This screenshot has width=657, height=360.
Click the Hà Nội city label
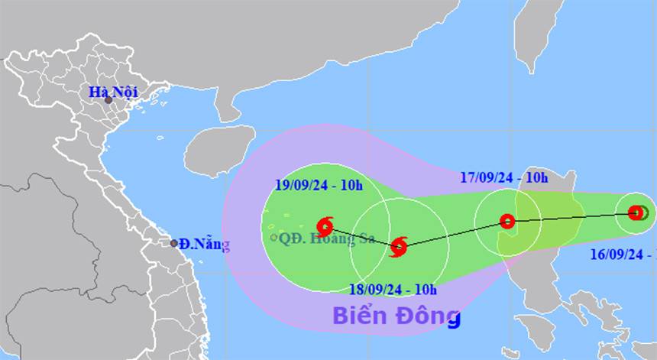coord(112,92)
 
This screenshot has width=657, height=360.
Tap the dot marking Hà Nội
coord(108,100)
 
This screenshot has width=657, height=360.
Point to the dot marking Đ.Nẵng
coord(174,244)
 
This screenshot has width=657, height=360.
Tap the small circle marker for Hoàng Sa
coord(273,238)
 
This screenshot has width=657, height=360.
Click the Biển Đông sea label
coord(396,315)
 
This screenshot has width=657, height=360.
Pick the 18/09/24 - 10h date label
coord(392,289)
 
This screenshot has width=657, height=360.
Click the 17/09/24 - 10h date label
coord(504,178)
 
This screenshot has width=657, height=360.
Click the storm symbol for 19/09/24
coord(325,225)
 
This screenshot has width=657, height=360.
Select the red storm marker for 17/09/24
coord(507,222)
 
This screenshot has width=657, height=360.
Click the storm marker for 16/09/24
coord(636,212)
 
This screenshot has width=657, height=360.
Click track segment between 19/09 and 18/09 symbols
coord(361,236)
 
